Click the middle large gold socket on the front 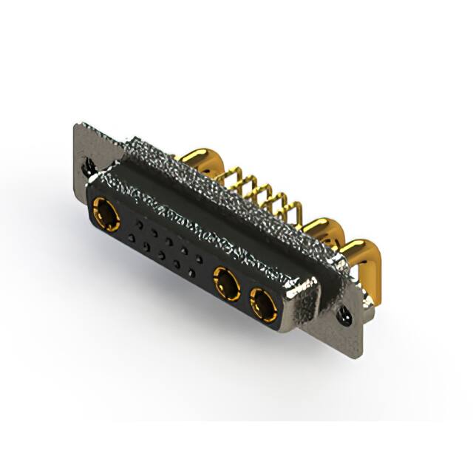(226, 283)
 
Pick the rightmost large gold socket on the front (262, 303)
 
